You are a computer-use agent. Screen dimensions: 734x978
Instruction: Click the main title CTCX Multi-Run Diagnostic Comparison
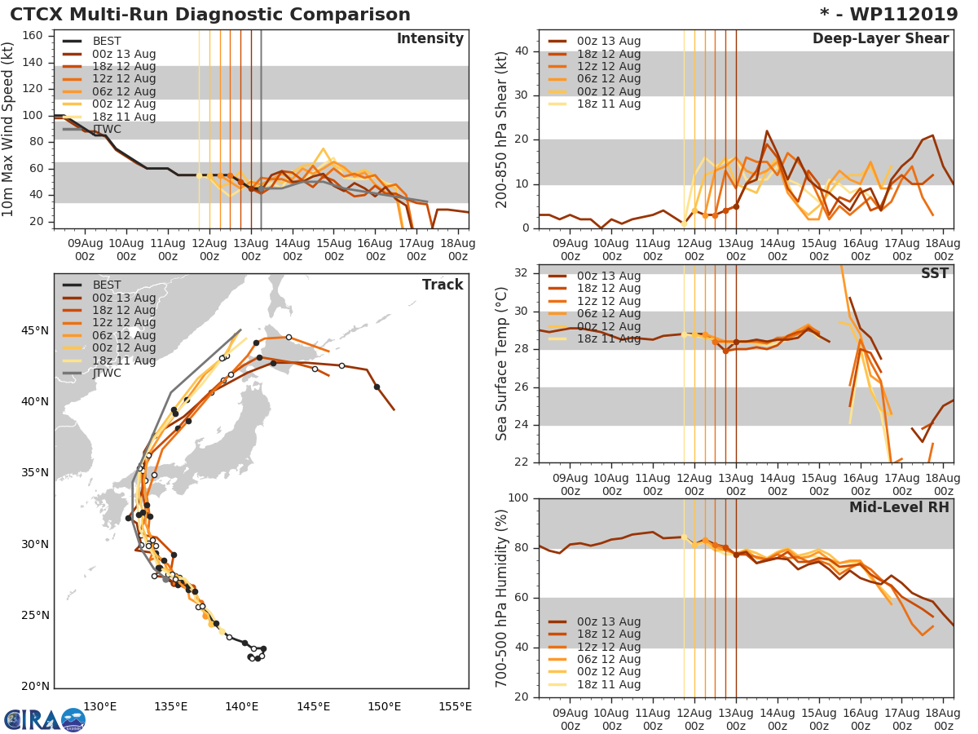click(210, 15)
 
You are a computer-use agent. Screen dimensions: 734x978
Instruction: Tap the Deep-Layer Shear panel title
click(880, 39)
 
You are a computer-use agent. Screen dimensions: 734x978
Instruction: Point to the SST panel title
click(934, 274)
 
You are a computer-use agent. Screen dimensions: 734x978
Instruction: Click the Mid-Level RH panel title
click(899, 507)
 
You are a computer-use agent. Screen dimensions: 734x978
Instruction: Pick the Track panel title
click(442, 285)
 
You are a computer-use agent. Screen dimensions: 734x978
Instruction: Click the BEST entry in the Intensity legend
click(107, 41)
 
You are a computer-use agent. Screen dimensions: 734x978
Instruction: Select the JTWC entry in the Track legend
click(107, 374)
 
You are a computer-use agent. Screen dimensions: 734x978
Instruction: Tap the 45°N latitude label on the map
click(34, 330)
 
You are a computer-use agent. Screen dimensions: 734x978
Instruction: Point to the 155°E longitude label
click(454, 707)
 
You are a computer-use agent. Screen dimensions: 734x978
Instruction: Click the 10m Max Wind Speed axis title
click(9, 123)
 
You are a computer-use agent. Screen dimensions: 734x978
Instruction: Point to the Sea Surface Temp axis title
click(502, 363)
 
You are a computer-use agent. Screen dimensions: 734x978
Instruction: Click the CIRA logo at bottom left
click(43, 719)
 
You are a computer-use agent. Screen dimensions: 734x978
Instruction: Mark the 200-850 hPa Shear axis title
click(502, 129)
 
